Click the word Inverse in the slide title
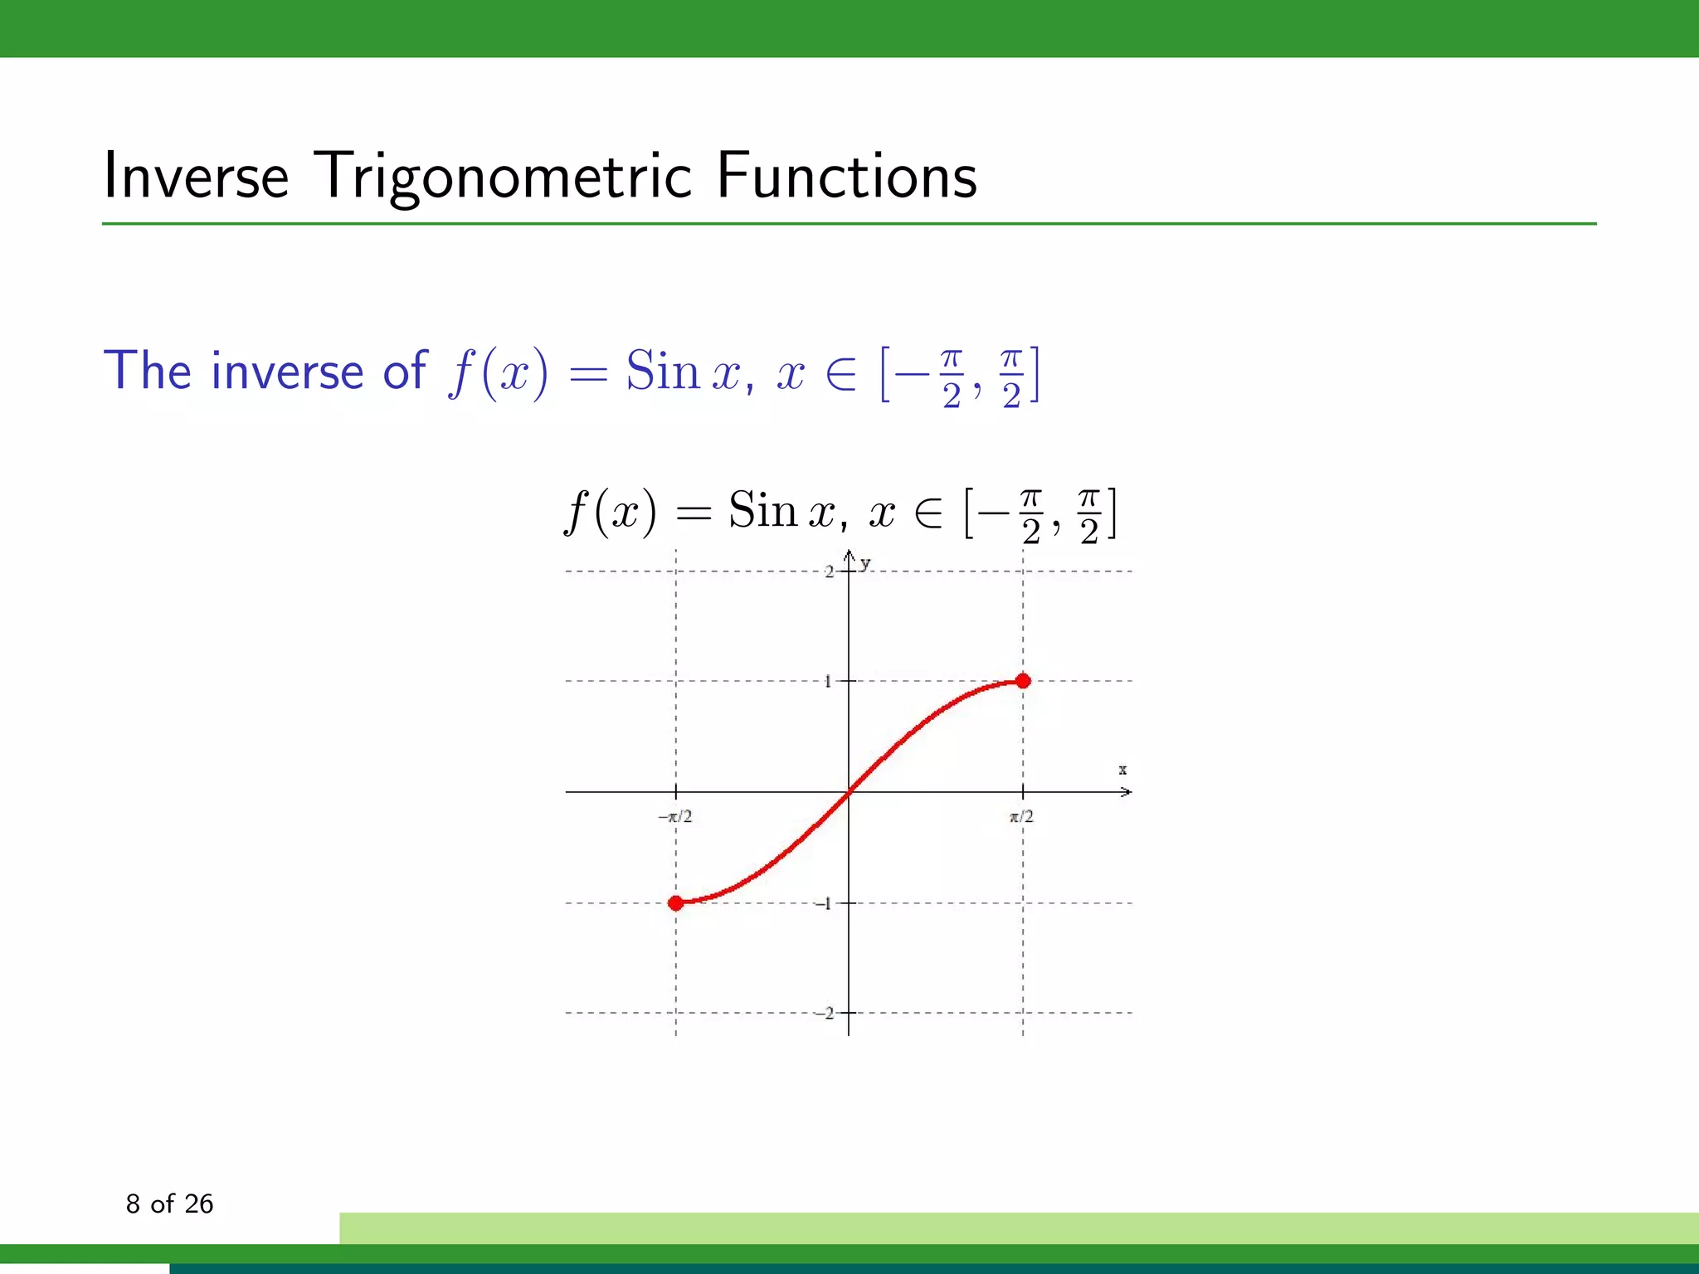pos(196,177)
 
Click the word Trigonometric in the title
pos(504,177)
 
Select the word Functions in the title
pos(846,177)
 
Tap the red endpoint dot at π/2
pos(1023,681)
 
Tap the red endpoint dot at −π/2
pos(676,902)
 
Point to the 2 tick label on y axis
pos(829,572)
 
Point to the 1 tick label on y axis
pos(828,682)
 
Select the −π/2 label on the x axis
pos(676,817)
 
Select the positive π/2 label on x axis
pos(1021,817)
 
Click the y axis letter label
pos(865,564)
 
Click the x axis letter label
pos(1122,770)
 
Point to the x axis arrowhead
pos(1127,792)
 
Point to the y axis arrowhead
pos(849,555)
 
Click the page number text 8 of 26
pos(169,1203)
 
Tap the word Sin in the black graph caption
pos(762,510)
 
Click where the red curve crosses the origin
pos(849,792)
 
